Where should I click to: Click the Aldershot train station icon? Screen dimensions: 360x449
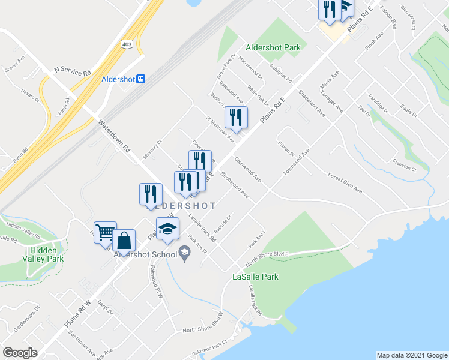click(140, 79)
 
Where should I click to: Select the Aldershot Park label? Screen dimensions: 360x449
click(271, 47)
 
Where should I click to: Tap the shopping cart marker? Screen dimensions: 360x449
click(104, 232)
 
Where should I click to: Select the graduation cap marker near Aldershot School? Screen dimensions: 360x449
click(167, 229)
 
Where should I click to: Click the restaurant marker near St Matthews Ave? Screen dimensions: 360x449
click(236, 117)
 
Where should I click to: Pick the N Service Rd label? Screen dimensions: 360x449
click(73, 71)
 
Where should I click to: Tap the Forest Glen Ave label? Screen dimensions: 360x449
click(345, 184)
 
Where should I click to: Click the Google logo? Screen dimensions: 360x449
click(20, 353)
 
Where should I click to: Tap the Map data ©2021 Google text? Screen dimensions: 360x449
click(412, 355)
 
